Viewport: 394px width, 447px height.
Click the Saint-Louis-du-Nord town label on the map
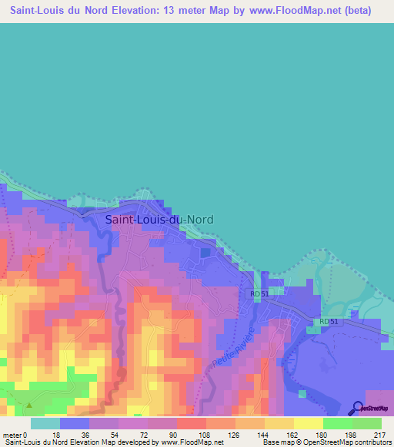click(159, 219)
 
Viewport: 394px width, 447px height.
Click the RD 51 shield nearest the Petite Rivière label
click(259, 293)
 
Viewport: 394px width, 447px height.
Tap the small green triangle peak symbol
click(29, 405)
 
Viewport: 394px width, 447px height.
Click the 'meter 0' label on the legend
click(16, 434)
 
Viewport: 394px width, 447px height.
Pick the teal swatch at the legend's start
click(45, 423)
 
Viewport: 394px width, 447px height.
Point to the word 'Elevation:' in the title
click(142, 11)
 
